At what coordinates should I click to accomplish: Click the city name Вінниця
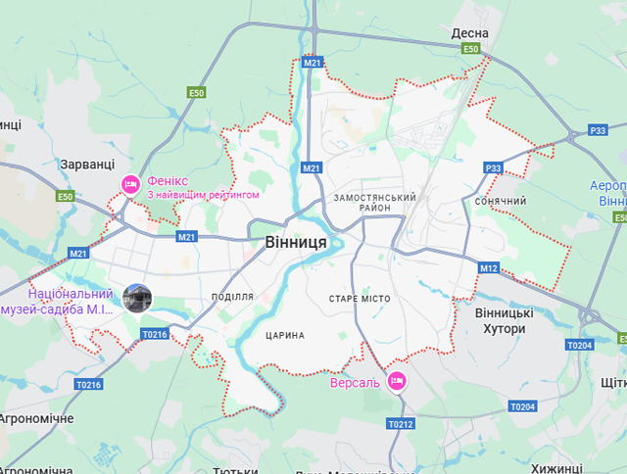[295, 241]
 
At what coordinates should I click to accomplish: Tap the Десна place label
[469, 33]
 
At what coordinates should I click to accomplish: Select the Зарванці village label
[87, 165]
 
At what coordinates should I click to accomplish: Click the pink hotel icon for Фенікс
[130, 184]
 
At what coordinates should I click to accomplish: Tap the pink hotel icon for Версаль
[397, 380]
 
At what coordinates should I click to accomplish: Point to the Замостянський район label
[374, 203]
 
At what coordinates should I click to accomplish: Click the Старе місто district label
[360, 298]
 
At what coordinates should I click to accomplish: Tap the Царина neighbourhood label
[285, 335]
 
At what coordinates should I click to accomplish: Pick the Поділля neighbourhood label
[232, 297]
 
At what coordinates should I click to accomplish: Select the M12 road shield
[489, 267]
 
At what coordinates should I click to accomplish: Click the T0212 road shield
[401, 424]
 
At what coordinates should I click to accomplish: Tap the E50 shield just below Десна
[471, 49]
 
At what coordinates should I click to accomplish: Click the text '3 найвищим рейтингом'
[204, 195]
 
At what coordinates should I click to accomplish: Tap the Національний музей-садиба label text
[71, 301]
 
